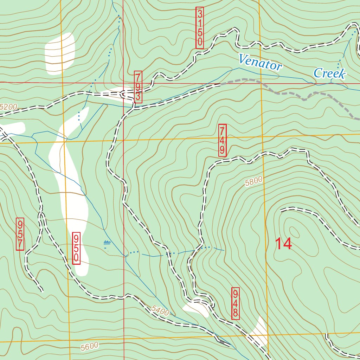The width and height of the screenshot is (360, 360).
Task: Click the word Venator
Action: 260,63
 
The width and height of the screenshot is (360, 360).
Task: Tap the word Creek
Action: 329,73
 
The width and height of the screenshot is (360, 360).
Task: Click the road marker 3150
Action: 200,28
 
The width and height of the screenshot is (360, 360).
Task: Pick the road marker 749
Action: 222,140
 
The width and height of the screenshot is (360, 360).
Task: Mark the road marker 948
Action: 236,303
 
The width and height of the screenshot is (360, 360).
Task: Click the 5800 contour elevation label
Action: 254,182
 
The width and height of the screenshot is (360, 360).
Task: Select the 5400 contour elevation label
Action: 161,310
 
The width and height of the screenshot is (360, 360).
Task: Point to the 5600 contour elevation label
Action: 89,346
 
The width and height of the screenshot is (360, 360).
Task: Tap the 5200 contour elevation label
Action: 8,107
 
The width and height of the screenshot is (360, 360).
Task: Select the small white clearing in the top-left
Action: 60,54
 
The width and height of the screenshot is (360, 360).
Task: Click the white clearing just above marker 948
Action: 196,308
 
